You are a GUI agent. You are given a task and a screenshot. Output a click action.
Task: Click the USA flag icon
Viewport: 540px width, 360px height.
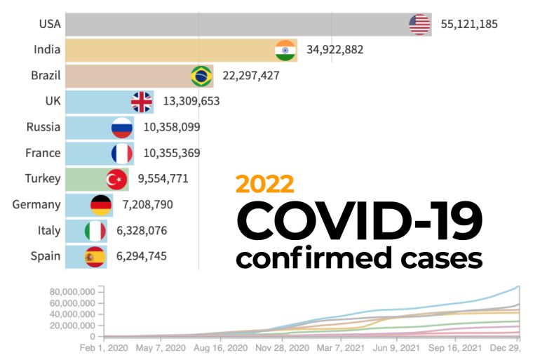point(419,25)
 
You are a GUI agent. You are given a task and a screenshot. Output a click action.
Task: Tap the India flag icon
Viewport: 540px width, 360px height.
point(285,51)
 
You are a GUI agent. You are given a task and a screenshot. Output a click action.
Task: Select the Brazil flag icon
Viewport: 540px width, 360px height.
point(202,76)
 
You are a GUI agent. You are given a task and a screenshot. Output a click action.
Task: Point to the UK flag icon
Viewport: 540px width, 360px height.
point(142,102)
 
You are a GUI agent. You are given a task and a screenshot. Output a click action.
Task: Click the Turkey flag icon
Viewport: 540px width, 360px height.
point(116,179)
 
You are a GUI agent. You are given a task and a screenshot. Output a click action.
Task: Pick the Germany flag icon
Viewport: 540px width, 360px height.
point(101,205)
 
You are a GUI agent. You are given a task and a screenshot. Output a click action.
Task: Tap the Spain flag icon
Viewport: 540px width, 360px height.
point(95,256)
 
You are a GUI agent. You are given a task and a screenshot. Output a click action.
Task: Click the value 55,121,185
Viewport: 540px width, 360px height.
point(469,25)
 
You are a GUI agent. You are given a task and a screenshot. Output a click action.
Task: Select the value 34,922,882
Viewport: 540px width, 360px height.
point(335,51)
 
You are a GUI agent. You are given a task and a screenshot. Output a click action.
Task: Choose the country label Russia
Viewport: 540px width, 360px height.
point(43,128)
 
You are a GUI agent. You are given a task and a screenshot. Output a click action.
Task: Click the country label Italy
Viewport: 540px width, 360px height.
point(49,230)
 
